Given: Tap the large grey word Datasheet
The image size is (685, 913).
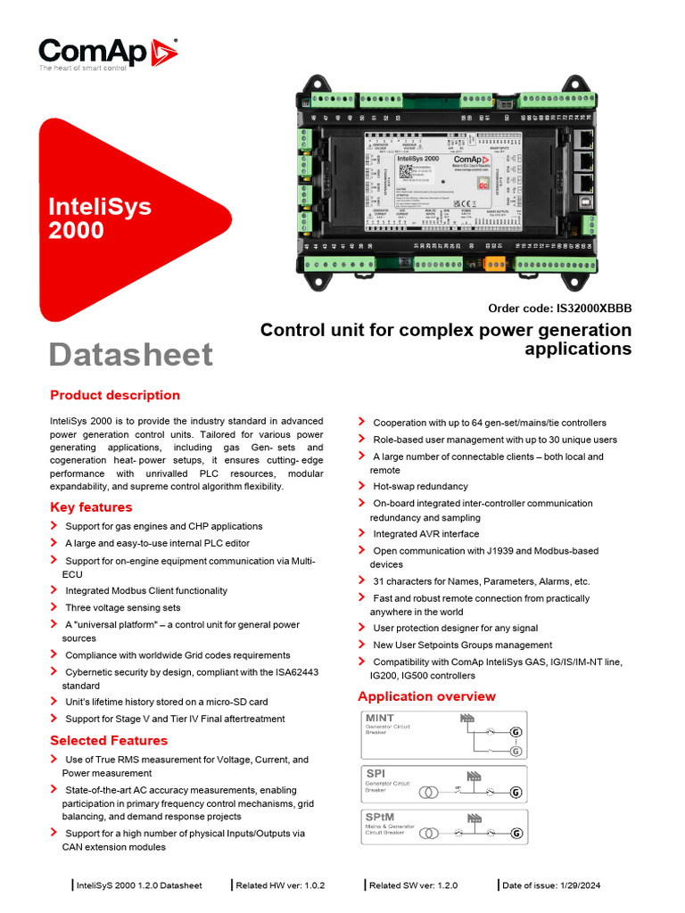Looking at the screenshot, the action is [x=130, y=354].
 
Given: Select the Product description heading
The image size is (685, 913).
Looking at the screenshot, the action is [x=115, y=395].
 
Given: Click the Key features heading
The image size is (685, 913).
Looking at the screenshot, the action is [x=91, y=507].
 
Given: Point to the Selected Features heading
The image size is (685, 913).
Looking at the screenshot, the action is [x=109, y=740].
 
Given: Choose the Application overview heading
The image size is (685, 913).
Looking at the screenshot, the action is [x=426, y=696].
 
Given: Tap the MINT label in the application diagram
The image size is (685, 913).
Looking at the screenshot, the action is [x=380, y=718].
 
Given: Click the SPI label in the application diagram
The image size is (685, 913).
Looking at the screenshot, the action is [x=376, y=773].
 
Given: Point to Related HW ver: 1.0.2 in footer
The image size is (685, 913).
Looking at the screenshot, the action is [x=280, y=885].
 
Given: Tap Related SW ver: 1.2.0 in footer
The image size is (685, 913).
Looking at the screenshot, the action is [x=413, y=885].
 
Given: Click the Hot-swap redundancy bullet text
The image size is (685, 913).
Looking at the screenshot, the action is [x=420, y=487].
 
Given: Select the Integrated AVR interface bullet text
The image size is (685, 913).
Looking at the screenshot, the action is [x=425, y=534].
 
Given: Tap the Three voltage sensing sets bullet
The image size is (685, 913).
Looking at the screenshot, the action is [x=122, y=608].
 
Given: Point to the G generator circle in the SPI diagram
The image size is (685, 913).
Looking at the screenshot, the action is [x=516, y=792].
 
